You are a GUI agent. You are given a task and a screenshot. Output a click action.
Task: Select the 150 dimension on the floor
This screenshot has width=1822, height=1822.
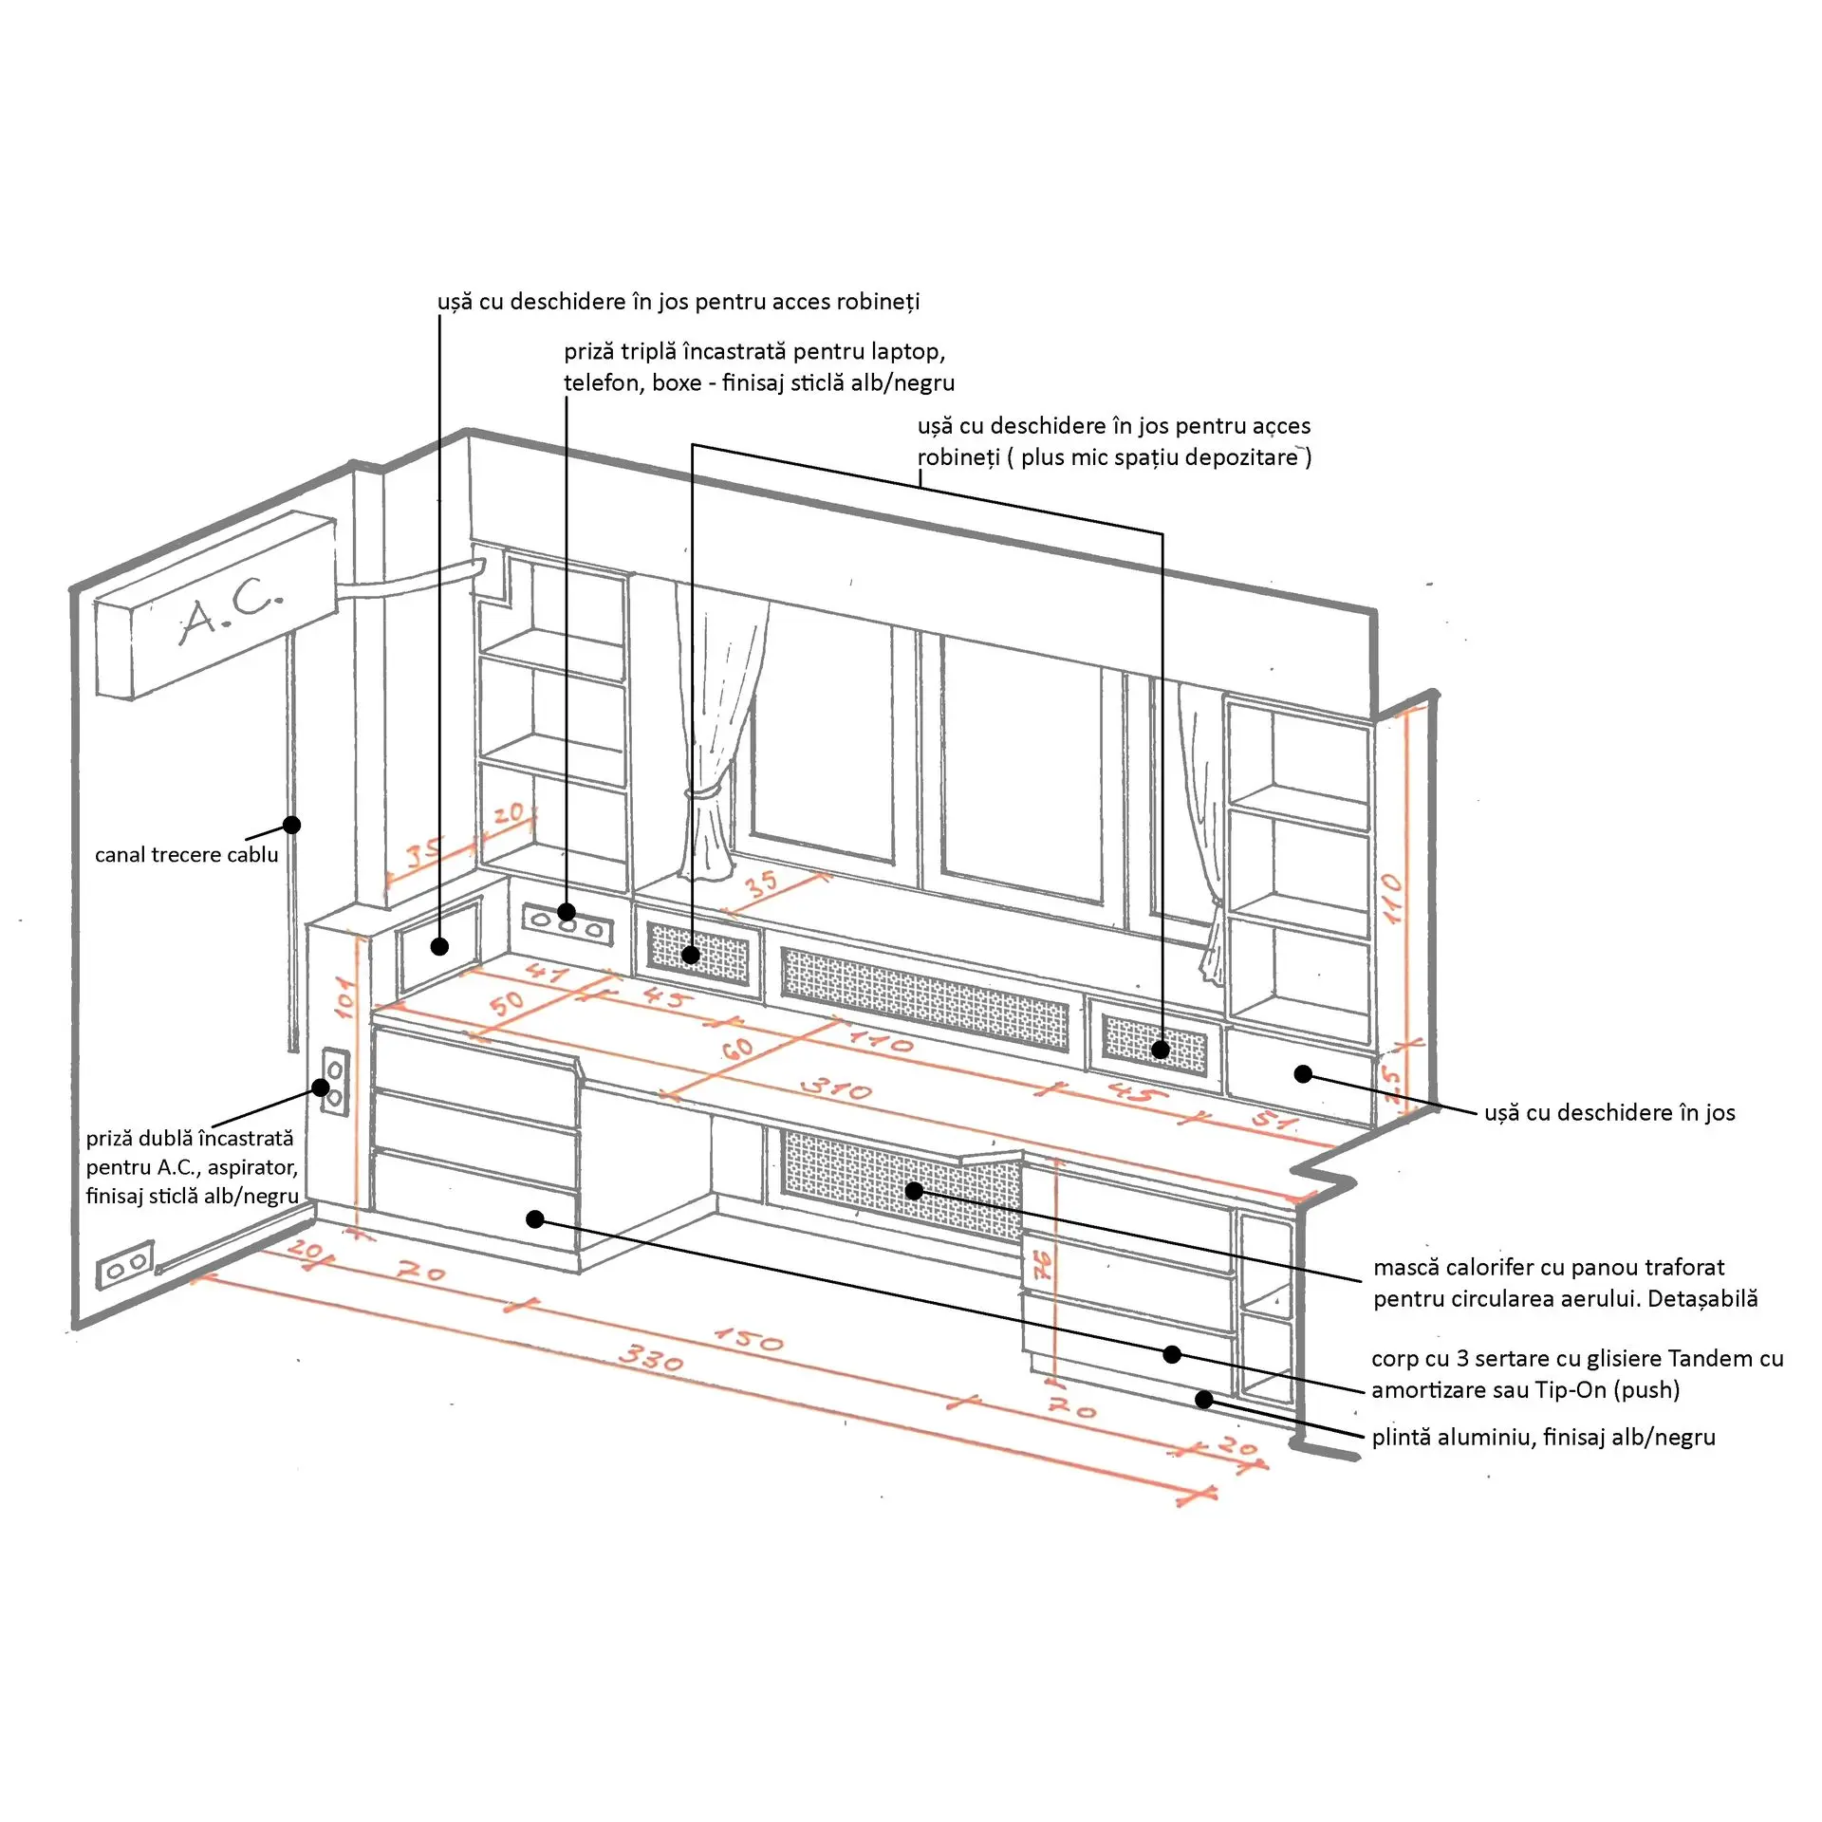(x=749, y=1338)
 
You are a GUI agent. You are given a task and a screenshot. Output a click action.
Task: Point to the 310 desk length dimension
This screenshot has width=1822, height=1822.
(x=836, y=1088)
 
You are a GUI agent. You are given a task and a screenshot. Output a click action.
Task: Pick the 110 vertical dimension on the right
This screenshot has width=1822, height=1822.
(x=1392, y=898)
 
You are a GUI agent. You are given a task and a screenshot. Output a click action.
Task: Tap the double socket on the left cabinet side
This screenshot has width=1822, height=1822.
(x=335, y=1082)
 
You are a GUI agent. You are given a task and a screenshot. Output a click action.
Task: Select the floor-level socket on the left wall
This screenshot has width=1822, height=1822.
(x=124, y=1265)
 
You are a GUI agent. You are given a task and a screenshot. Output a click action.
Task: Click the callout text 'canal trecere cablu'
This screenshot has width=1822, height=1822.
(x=187, y=855)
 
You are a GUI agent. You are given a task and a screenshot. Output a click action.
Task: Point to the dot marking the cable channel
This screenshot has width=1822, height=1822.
(x=292, y=825)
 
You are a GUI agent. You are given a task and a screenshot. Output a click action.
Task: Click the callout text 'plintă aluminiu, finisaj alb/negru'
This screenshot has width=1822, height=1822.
(x=1544, y=1437)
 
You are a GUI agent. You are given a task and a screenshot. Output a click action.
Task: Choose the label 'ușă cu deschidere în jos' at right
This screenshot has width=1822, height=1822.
(x=1609, y=1112)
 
